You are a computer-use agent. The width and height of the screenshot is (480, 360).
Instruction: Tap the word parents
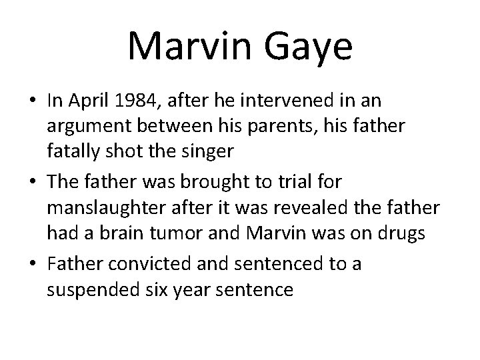[293, 127]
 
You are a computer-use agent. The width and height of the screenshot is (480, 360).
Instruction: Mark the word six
[150, 290]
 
